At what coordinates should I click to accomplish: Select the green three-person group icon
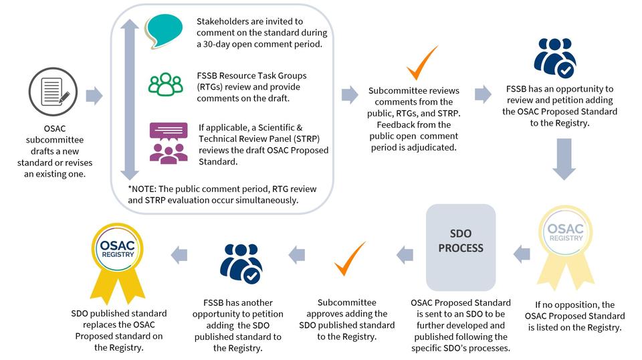tap(165, 84)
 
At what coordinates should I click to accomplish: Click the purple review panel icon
tap(168, 143)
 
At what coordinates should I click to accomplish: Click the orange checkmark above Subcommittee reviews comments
tap(422, 63)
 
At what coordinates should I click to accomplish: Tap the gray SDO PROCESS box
tap(461, 248)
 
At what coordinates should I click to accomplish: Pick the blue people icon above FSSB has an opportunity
tap(554, 58)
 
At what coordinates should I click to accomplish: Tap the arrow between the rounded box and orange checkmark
tap(350, 95)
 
